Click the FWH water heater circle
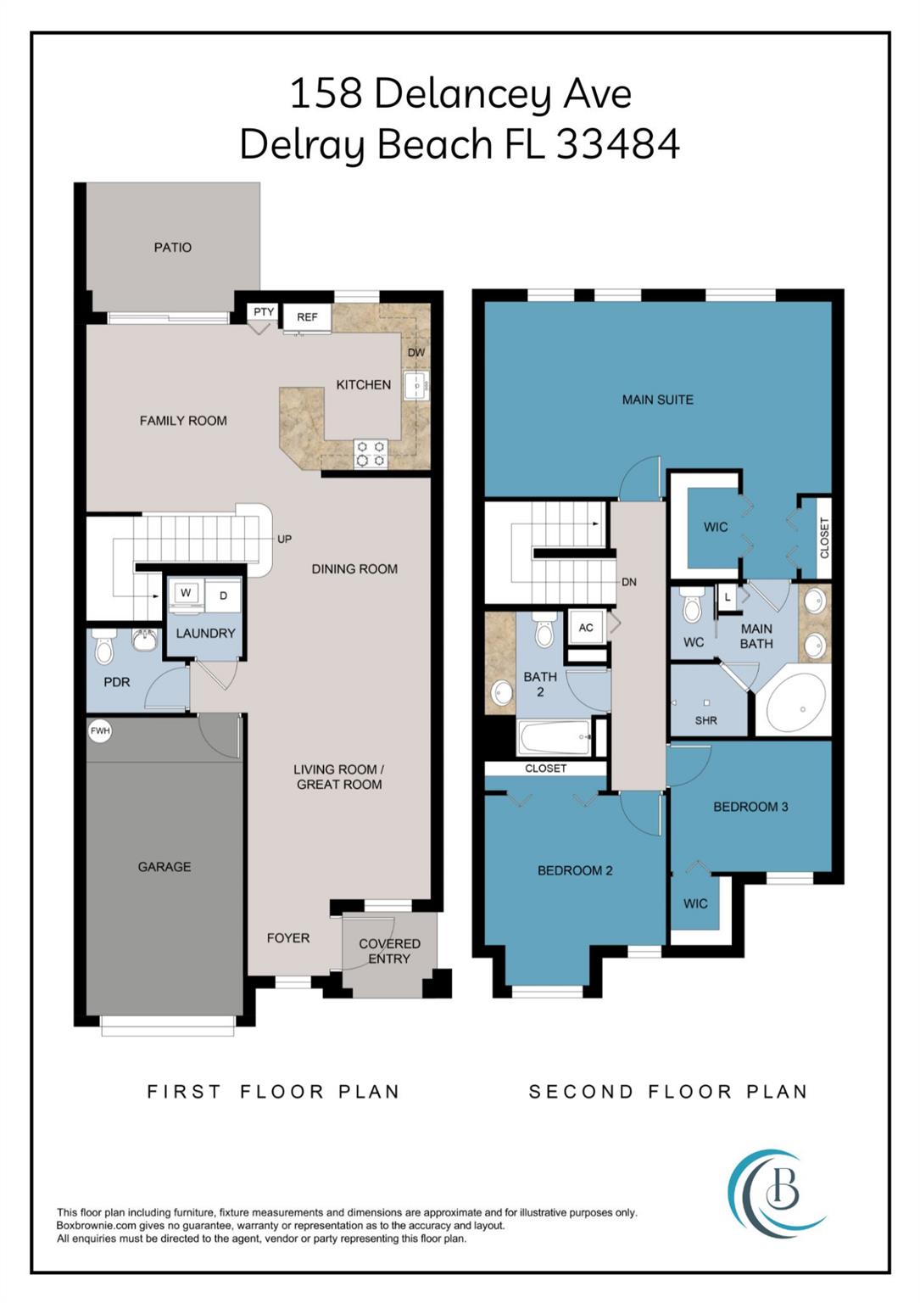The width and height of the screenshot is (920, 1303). coord(100,730)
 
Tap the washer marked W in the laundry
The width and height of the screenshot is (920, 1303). coord(186,594)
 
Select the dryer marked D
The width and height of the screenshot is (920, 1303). coord(224,596)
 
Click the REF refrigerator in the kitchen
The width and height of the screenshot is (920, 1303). coord(307,317)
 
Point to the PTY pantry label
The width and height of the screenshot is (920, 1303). coord(264,312)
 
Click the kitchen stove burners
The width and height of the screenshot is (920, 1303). coord(371,453)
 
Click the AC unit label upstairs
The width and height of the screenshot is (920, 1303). coord(586,628)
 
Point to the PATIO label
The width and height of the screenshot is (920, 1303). coord(173,248)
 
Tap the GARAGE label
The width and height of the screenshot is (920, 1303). coord(164,867)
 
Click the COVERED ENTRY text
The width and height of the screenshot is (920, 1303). coord(389,951)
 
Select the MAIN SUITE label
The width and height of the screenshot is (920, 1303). coord(658,400)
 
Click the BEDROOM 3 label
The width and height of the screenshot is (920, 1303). coord(750,807)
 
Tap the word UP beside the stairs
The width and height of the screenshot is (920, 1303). coord(285,540)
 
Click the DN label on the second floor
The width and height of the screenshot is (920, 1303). coord(629,583)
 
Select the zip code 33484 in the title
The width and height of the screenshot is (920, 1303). coord(618,144)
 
